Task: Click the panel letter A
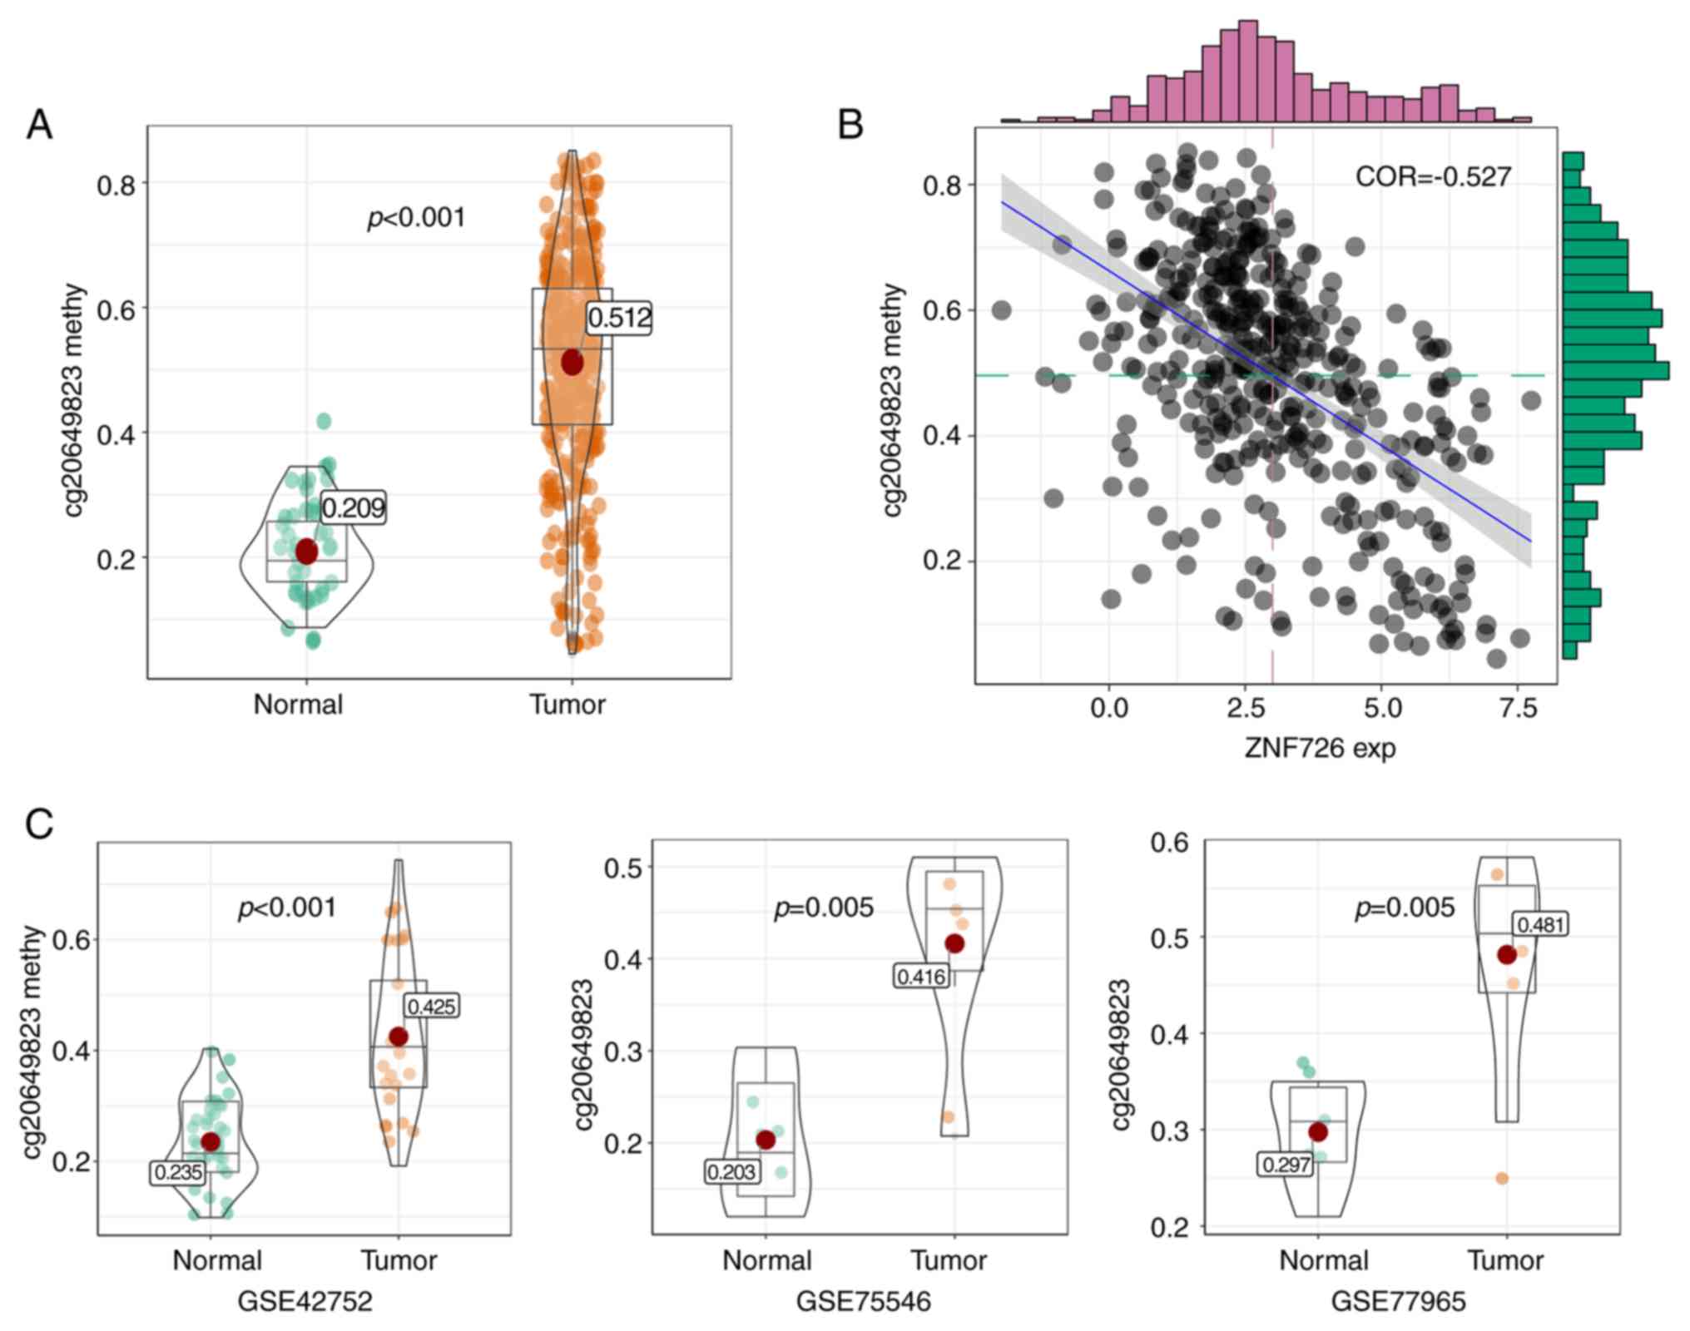39,126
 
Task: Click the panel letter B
850,126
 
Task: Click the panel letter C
39,824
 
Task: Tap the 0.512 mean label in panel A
619,318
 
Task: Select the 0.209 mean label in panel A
354,507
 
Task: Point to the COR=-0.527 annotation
1433,176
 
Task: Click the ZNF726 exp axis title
1320,748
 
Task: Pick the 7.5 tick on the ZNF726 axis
1518,709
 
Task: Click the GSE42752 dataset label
305,1301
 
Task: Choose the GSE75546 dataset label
864,1301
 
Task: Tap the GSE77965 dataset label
1398,1301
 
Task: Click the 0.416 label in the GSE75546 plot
922,976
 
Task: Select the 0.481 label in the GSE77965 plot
1541,924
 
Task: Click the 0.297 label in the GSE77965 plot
1286,1165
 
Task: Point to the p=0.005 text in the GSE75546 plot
824,908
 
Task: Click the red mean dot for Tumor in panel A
572,363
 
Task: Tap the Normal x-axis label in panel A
298,705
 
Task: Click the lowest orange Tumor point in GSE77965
1502,1178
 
